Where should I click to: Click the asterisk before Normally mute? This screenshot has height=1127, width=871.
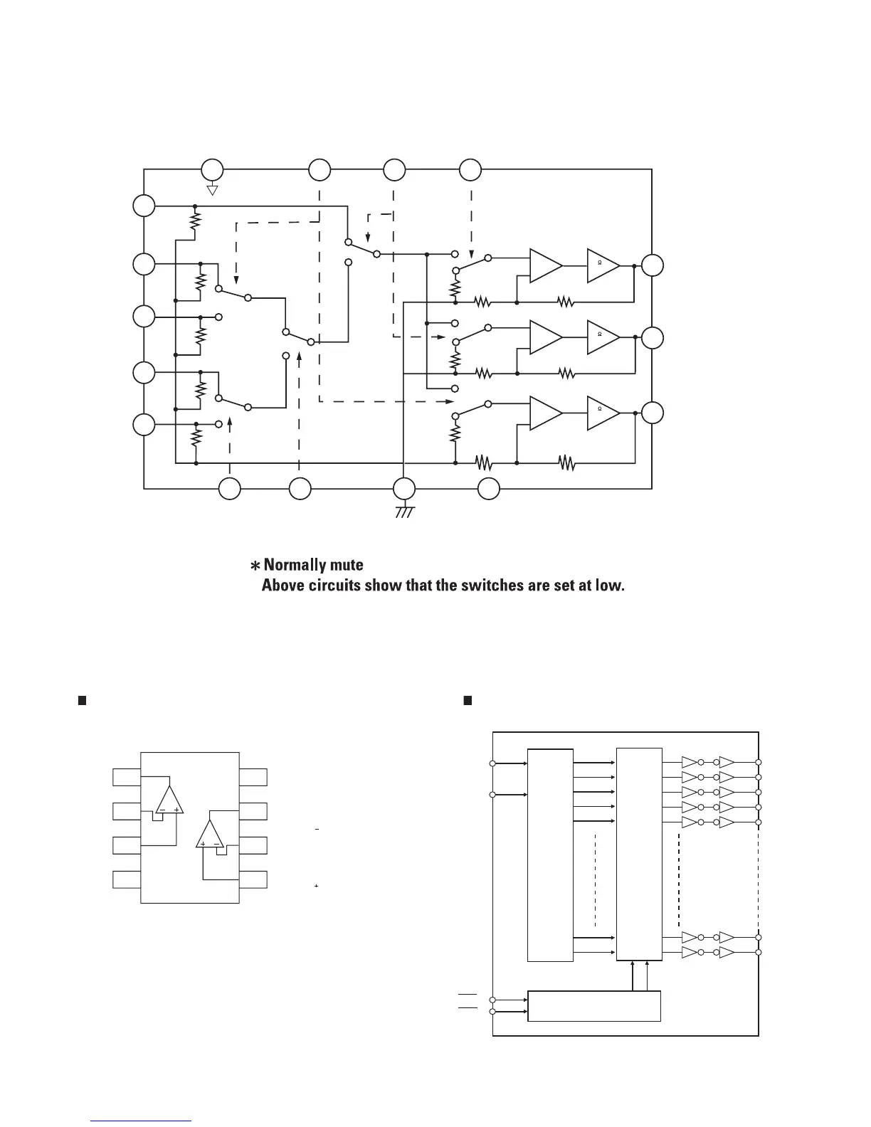coord(254,566)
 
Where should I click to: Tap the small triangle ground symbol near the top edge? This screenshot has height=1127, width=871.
coord(211,190)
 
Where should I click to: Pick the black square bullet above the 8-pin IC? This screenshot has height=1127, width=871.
coord(81,701)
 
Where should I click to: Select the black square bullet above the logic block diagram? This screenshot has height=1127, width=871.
coord(468,701)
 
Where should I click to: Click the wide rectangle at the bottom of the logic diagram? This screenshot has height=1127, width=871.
coord(594,1005)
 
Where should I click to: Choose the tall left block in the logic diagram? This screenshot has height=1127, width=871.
coord(550,854)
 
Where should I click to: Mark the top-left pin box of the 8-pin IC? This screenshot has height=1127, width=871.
coord(126,777)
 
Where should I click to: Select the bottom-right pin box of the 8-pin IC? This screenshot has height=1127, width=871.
coord(253,879)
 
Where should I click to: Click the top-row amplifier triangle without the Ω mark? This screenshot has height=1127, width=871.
coord(545,265)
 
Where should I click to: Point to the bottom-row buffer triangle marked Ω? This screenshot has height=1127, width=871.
coord(602,413)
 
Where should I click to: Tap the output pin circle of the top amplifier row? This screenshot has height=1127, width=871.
coord(652,265)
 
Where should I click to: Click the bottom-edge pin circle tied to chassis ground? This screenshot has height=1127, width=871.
coord(404,489)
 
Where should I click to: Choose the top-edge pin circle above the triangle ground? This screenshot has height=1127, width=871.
coord(211,170)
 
